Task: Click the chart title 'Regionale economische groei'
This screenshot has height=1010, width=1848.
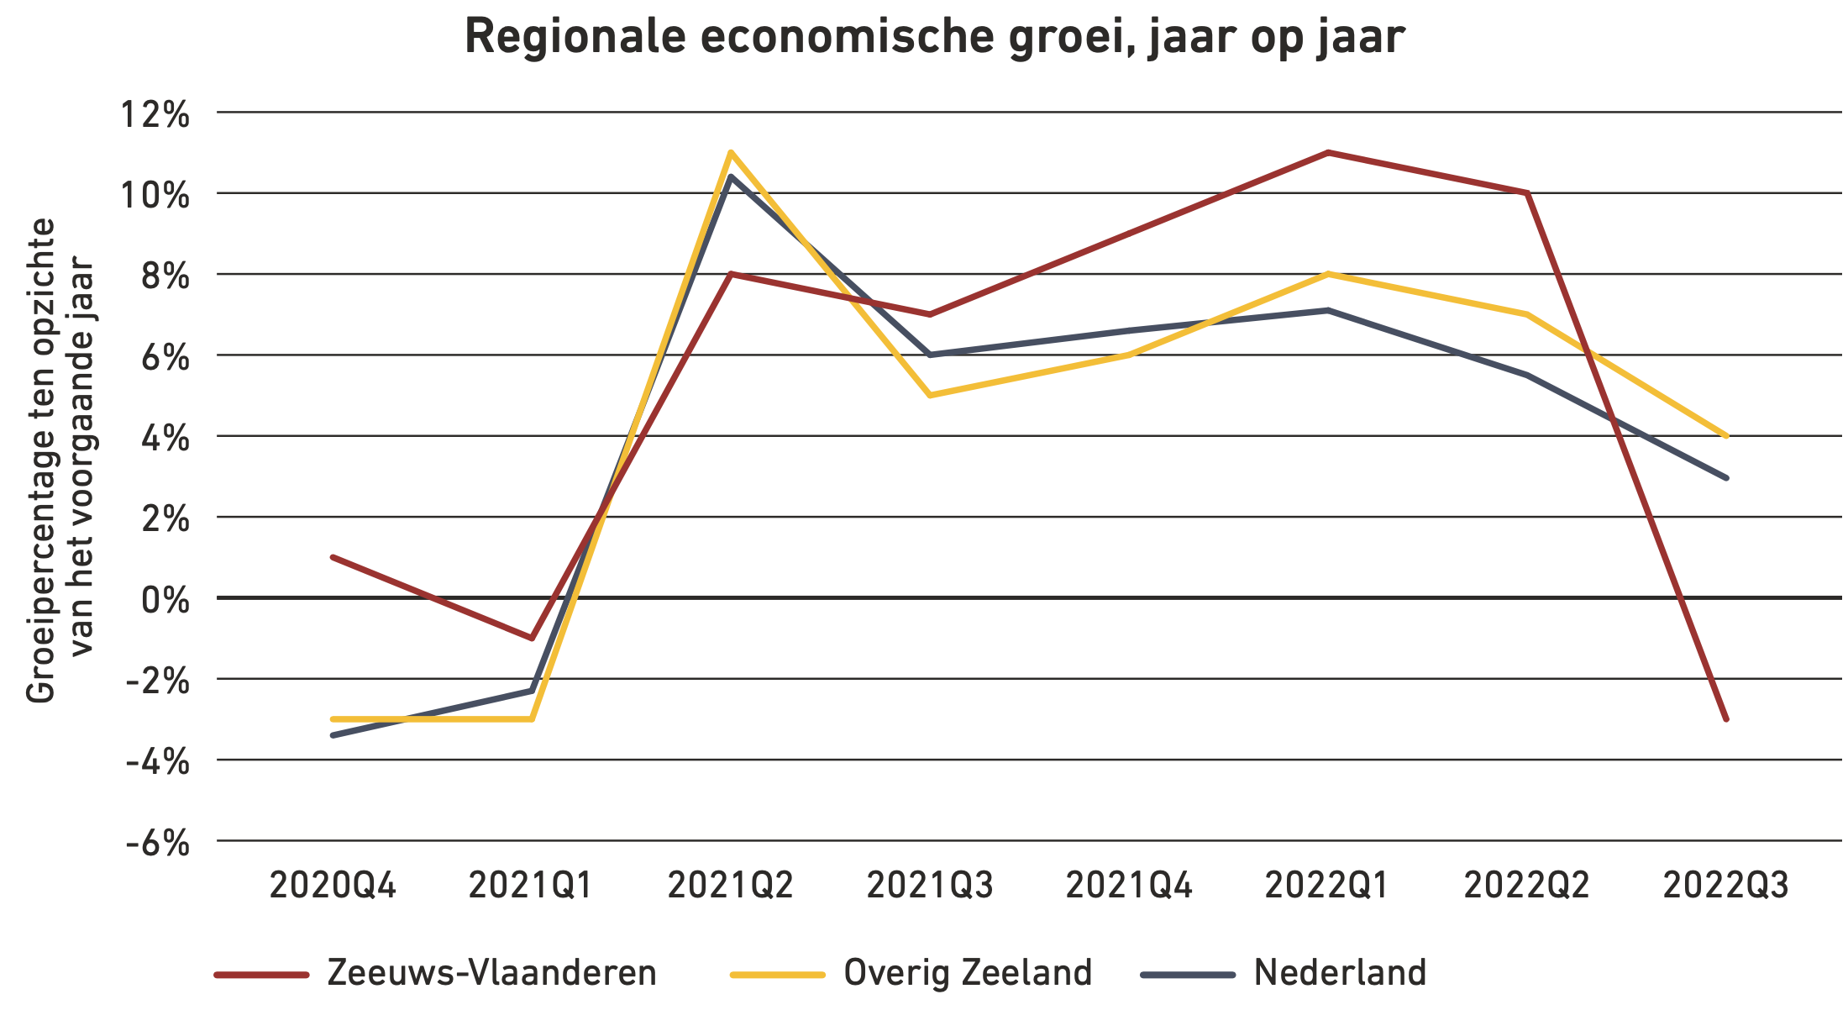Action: (934, 37)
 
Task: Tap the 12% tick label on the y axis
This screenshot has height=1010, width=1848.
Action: (155, 114)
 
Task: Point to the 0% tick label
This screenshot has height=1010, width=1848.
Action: (165, 600)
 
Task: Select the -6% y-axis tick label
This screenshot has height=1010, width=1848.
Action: (158, 843)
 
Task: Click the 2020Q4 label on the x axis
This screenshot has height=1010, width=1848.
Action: (333, 886)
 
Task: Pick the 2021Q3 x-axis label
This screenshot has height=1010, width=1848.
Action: (930, 886)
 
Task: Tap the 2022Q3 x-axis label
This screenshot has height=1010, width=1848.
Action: (1726, 886)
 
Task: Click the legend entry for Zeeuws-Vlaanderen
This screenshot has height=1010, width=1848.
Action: (491, 973)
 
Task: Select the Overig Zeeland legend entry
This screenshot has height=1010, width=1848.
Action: (968, 973)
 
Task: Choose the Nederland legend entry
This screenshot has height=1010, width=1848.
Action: (1340, 973)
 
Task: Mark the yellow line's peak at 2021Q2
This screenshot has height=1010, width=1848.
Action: (731, 153)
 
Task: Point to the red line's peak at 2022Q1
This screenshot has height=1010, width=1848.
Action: (1328, 153)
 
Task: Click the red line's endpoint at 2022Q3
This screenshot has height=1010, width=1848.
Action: (1726, 719)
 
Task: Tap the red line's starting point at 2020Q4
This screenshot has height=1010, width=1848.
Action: (333, 557)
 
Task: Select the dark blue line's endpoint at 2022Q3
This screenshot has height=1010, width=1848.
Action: (1726, 477)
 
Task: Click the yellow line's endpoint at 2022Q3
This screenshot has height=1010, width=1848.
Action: (1726, 436)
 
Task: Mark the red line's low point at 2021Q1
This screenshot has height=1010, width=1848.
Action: (532, 638)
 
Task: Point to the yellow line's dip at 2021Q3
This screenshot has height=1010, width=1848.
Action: (930, 395)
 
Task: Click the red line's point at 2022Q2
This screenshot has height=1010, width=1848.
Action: (1527, 193)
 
